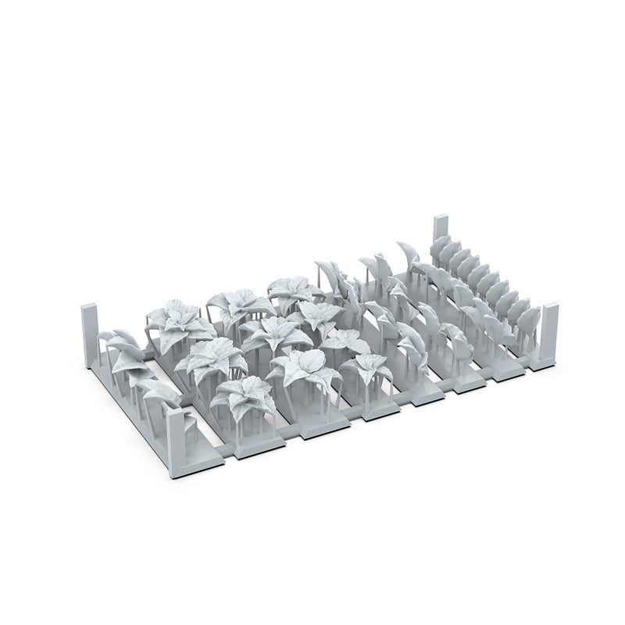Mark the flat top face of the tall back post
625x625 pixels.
(440, 215)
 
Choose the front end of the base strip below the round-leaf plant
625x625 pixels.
(320, 428)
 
